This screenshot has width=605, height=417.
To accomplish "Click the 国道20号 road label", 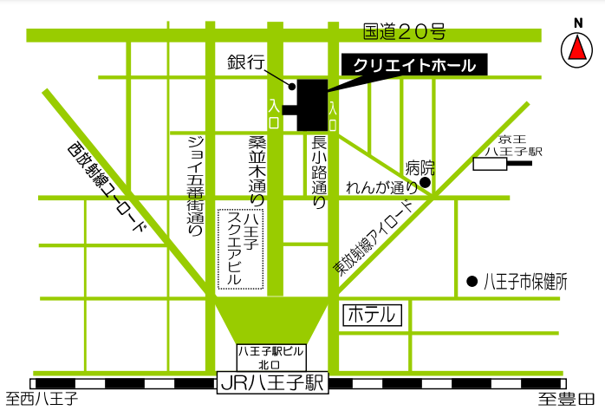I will pyautogui.click(x=405, y=33).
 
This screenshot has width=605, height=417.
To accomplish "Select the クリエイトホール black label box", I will pyautogui.click(x=415, y=66).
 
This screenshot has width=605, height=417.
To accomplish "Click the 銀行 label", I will pyautogui.click(x=244, y=62).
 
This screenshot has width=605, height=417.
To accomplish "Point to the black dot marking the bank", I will pyautogui.click(x=291, y=86).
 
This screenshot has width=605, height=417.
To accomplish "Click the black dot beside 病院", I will pyautogui.click(x=425, y=183).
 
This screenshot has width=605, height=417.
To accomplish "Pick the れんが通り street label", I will pyautogui.click(x=381, y=186).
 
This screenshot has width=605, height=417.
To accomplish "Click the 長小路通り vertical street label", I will pyautogui.click(x=318, y=173).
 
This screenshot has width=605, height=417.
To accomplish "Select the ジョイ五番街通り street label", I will pyautogui.click(x=196, y=186).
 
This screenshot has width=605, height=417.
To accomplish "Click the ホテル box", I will pyautogui.click(x=374, y=315).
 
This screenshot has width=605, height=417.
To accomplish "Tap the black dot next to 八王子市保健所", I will pyautogui.click(x=472, y=281).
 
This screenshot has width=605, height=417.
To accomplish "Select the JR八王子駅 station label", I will pyautogui.click(x=272, y=381).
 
